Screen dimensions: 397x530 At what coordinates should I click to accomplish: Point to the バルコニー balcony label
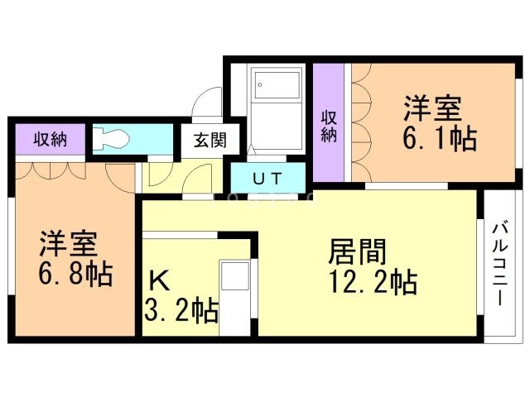coord(499,263)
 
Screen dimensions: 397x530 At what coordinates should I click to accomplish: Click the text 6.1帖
coord(439,137)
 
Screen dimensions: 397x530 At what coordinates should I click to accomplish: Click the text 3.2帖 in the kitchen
coord(182,311)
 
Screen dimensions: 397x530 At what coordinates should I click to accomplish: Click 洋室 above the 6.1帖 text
coord(432,108)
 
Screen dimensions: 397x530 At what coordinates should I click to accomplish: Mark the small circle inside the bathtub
coord(259,84)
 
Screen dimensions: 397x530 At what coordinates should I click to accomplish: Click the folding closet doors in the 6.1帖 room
coord(361,124)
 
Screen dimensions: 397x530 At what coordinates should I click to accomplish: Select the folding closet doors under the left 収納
coord(50,170)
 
